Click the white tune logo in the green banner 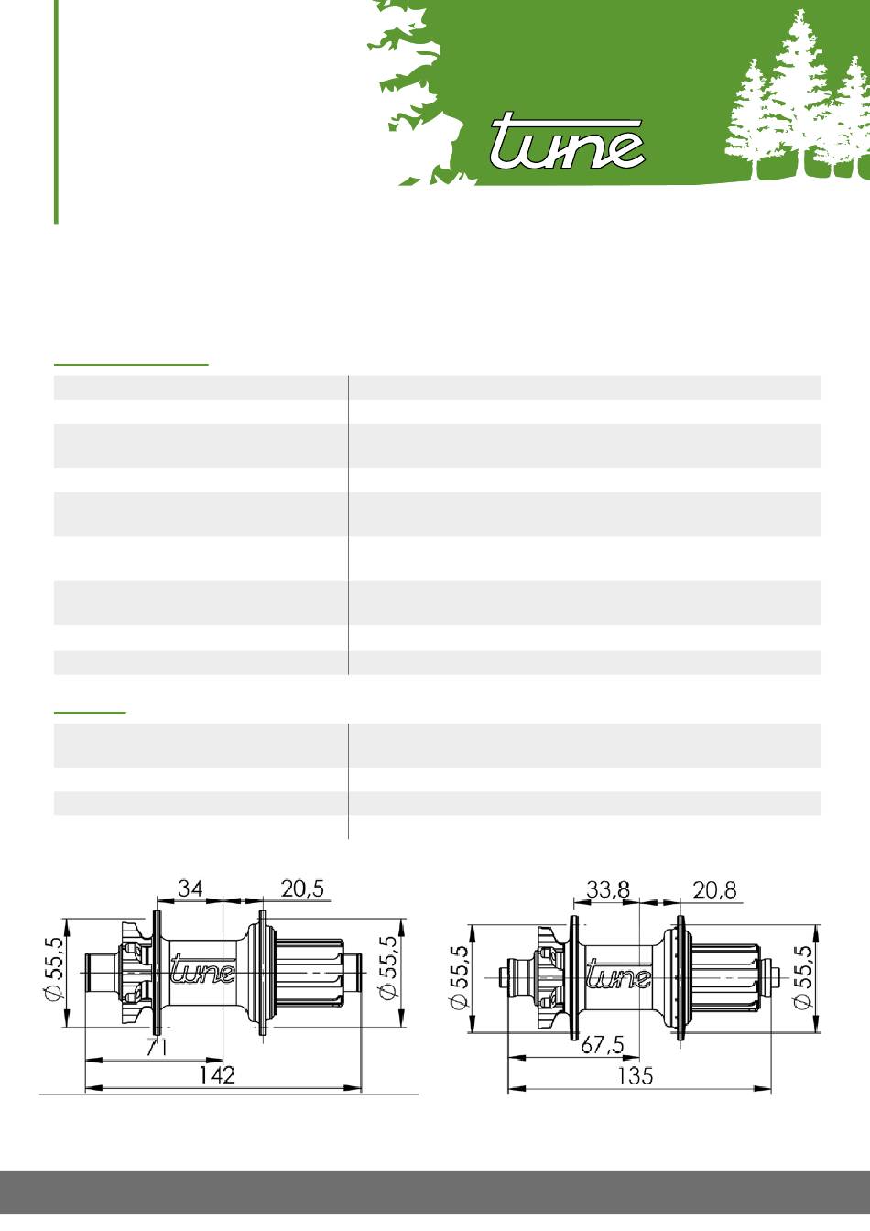point(567,141)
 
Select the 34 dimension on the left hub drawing point(190,888)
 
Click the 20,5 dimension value point(302,888)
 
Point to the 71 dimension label point(158,1048)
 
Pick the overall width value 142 point(217,1075)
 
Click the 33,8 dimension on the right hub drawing point(608,889)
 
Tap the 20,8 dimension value point(714,889)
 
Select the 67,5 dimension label point(603,1045)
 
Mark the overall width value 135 point(636,1075)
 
